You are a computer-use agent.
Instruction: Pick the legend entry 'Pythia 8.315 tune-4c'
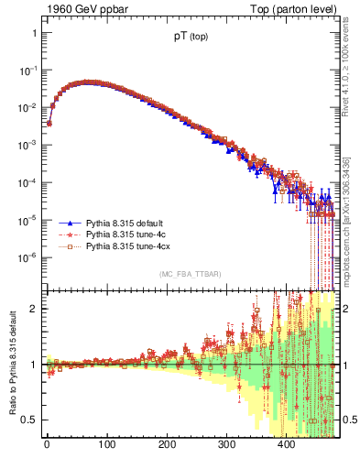(125, 235)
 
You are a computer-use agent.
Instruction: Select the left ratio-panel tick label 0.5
(30, 420)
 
